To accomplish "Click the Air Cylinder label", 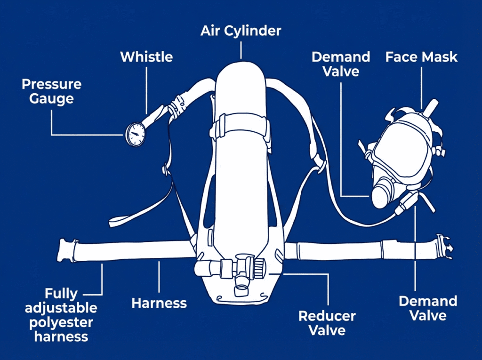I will (241, 31).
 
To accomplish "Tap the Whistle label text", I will (146, 57).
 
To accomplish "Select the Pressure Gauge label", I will (51, 91).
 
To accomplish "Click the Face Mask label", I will (421, 57).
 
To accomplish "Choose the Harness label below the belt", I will (159, 304).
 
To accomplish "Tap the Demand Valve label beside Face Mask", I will (341, 64).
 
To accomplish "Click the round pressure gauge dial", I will (136, 134).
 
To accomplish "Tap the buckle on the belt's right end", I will (443, 247).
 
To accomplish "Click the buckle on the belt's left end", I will (66, 249).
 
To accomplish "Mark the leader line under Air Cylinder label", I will (241, 49).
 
